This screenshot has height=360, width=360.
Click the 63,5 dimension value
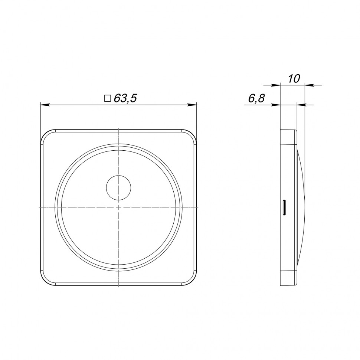pyautogui.click(x=125, y=98)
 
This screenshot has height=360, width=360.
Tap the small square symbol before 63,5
pyautogui.click(x=108, y=98)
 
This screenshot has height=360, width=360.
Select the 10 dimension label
pyautogui.click(x=294, y=79)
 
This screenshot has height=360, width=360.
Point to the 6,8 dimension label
pyautogui.click(x=256, y=98)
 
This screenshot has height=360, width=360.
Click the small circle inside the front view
pyautogui.click(x=118, y=188)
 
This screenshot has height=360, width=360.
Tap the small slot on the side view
pyautogui.click(x=284, y=208)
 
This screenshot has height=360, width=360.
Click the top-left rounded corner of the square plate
pyautogui.click(x=45, y=134)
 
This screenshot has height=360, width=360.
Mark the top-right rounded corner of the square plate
pyautogui.click(x=192, y=134)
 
